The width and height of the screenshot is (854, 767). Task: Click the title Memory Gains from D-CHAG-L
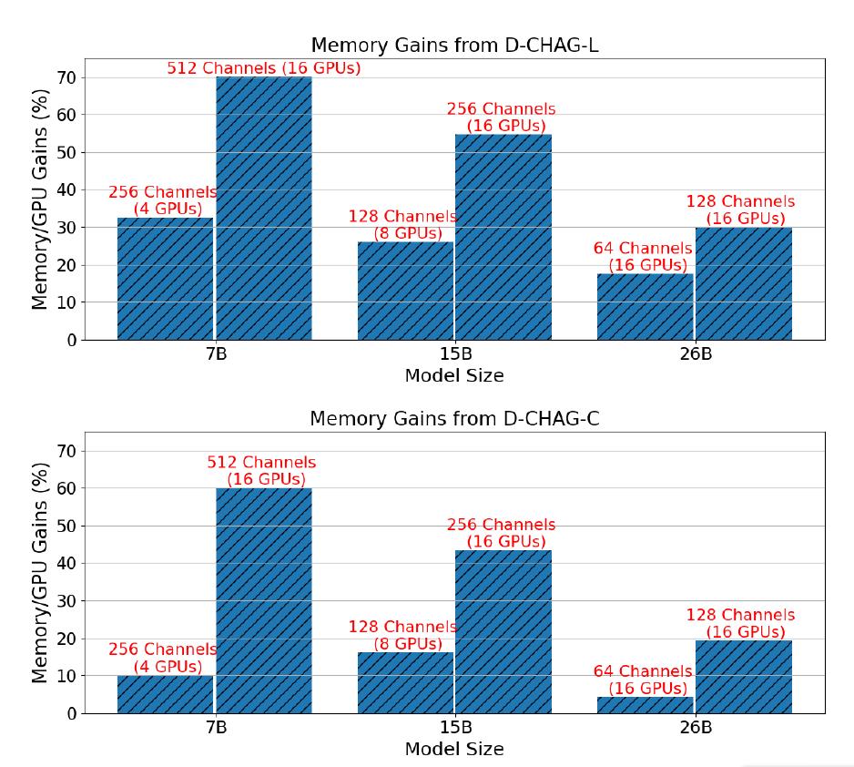tap(453, 46)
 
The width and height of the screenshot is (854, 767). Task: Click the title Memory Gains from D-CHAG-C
tap(453, 419)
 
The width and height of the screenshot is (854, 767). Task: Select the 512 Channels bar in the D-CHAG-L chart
tap(263, 209)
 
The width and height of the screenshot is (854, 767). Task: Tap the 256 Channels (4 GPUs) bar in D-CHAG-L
tap(165, 279)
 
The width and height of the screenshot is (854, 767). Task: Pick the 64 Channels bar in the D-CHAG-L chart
tap(645, 307)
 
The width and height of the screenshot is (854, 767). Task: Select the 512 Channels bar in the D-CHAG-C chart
tap(263, 601)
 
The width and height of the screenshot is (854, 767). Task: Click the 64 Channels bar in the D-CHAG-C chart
tap(645, 705)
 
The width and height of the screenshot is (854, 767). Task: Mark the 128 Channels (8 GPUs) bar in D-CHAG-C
tap(405, 682)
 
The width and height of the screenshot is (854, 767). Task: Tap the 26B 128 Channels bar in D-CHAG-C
tap(743, 677)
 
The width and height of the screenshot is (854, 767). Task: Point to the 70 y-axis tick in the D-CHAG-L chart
tap(65, 78)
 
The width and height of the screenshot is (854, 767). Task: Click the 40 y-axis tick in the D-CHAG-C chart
tap(65, 564)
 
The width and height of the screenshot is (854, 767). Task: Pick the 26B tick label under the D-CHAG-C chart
tap(694, 729)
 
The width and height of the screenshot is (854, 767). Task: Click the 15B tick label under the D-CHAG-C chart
tap(454, 729)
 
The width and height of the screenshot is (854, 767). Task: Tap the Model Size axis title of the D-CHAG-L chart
tap(453, 375)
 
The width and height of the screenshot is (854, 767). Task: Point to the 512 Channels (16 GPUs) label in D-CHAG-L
tap(263, 68)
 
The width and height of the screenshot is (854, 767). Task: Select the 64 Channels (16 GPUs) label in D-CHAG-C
tap(643, 680)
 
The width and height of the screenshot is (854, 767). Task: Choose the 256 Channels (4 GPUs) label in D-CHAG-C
tap(162, 658)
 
